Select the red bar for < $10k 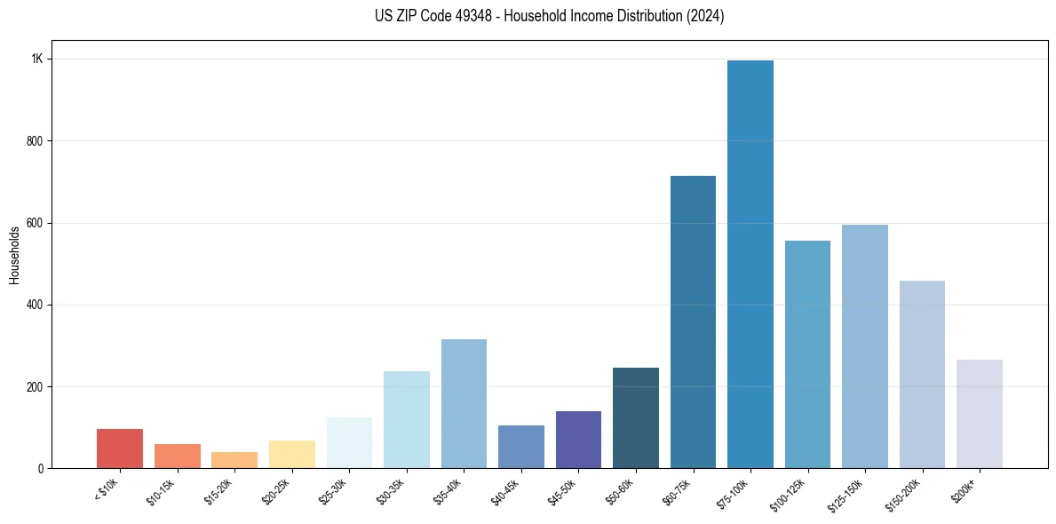120,449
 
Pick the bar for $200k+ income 980,414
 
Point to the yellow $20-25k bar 292,454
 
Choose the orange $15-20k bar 234,460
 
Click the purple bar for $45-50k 578,440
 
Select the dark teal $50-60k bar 636,417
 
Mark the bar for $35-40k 464,403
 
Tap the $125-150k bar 865,346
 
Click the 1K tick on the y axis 37,60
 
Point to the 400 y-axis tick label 35,305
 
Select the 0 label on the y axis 40,468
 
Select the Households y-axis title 14,255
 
